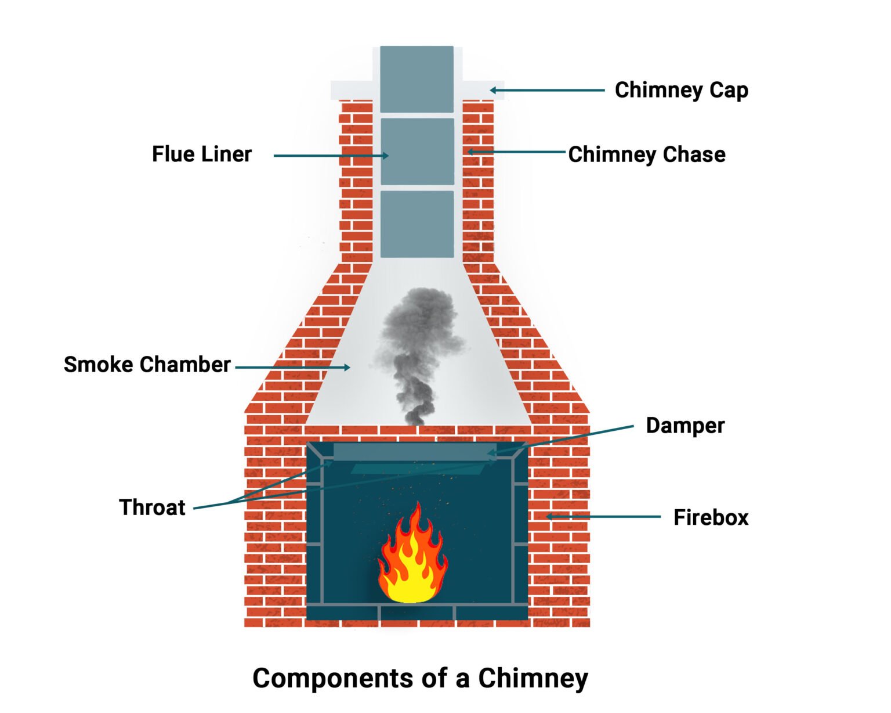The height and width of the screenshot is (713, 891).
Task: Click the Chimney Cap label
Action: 681,91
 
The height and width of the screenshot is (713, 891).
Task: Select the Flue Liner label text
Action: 201,154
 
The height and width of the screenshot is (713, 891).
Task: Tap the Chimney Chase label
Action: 646,154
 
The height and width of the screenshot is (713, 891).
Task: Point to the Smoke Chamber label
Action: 147,365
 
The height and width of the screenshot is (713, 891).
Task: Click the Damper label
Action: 684,426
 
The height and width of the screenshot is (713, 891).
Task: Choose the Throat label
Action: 152,507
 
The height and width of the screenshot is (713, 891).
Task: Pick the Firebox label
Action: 711,517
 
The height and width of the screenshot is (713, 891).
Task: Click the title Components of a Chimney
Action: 420,678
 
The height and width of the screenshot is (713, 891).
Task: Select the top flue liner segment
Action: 416,79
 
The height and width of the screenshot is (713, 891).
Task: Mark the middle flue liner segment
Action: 416,152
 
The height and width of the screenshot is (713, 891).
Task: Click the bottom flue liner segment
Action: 416,224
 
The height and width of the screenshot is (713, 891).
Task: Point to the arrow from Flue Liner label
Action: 331,156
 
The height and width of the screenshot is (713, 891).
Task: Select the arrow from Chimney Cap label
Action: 547,90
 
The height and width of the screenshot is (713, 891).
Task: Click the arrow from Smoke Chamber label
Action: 292,367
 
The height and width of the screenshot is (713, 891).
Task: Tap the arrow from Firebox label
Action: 603,516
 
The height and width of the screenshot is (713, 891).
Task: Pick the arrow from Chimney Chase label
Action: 516,152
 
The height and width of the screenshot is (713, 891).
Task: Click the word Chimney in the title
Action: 533,678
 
